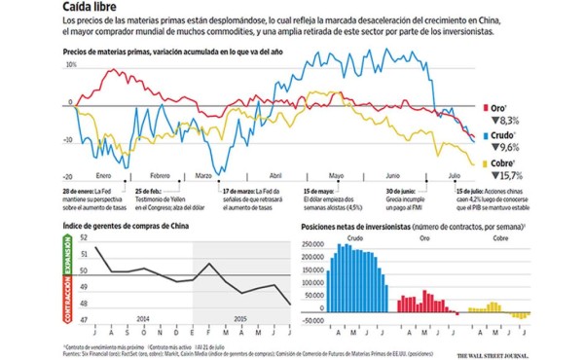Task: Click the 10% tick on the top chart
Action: point(70,64)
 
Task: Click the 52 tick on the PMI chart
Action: point(85,237)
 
